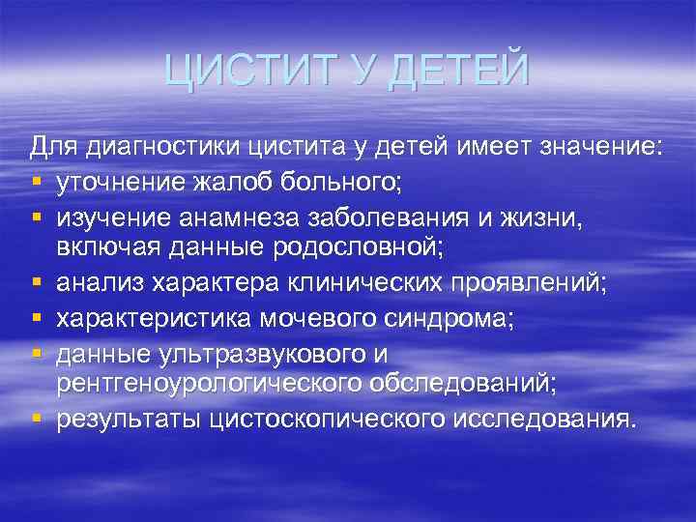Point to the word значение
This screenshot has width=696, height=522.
[x=598, y=148]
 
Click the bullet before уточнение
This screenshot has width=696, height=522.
[x=36, y=182]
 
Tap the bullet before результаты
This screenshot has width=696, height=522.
[x=36, y=420]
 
